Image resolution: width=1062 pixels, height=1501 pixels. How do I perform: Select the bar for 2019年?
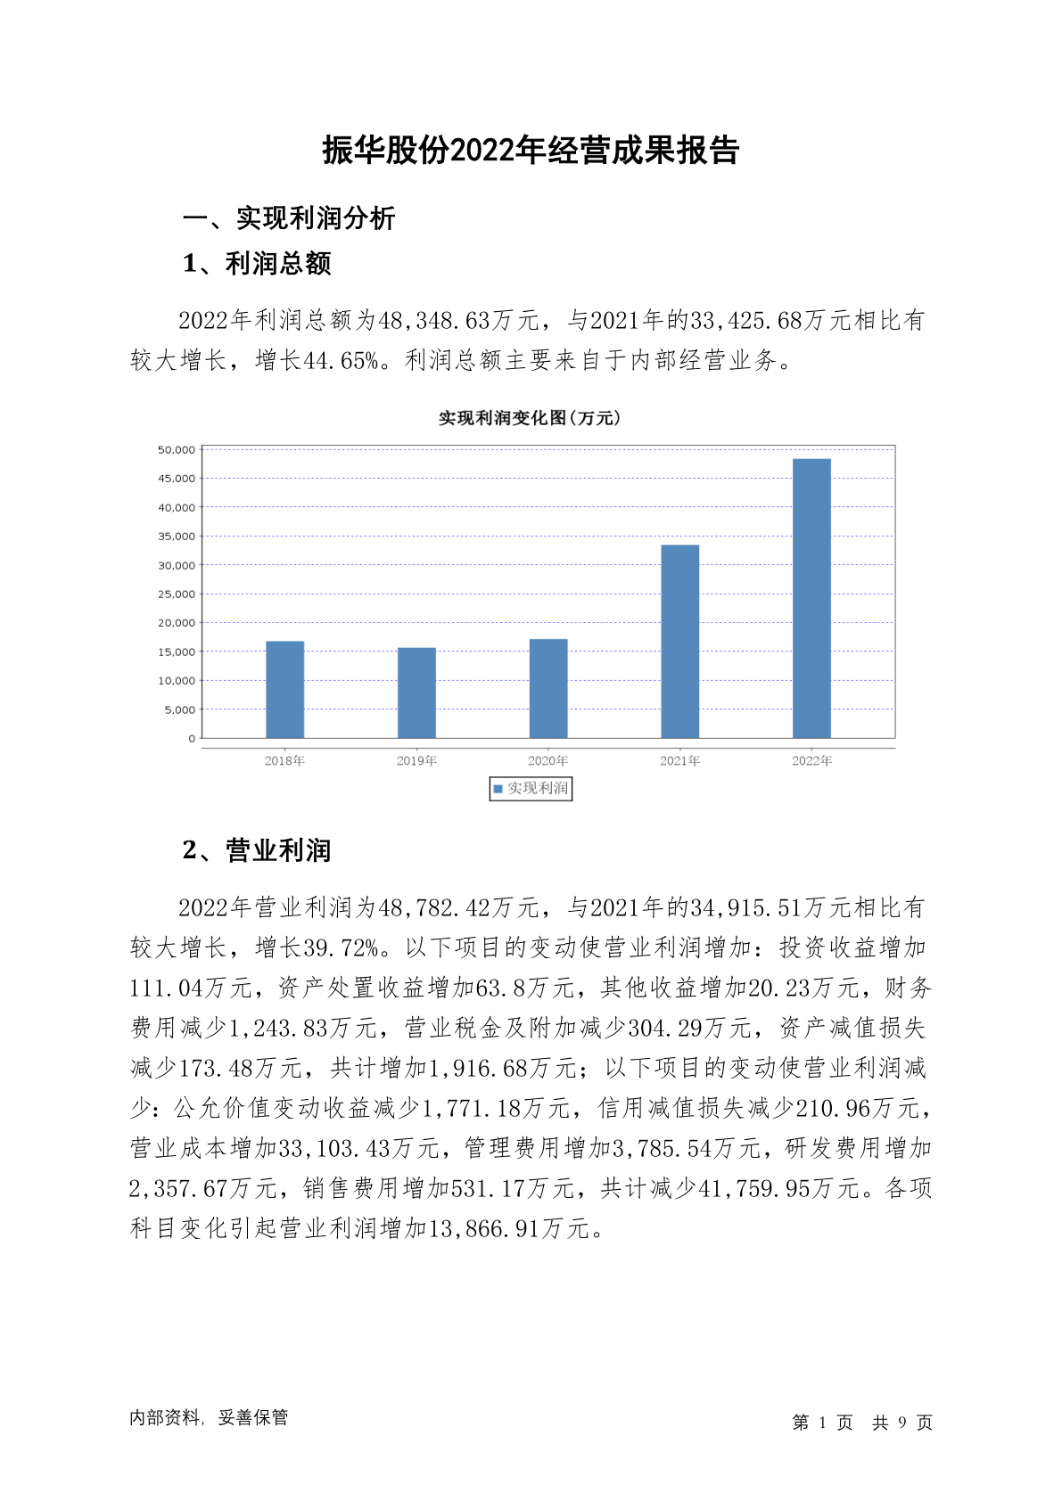click(416, 693)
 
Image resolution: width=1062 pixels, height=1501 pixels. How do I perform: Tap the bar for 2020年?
click(548, 688)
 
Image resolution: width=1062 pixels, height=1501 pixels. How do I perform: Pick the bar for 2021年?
click(679, 641)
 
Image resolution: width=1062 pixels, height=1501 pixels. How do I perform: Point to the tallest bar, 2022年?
click(811, 598)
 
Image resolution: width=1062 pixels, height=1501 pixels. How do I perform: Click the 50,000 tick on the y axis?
click(177, 450)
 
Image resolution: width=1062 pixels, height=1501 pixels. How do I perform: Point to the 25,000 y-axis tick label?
click(177, 595)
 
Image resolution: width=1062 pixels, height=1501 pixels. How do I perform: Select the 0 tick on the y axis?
click(192, 739)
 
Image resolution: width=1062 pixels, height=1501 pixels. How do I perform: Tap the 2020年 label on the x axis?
click(547, 761)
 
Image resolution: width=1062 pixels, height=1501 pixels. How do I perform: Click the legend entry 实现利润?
click(531, 789)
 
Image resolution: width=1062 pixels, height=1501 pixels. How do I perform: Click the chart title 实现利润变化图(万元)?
click(530, 418)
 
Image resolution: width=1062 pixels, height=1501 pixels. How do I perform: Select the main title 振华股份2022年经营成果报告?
click(531, 151)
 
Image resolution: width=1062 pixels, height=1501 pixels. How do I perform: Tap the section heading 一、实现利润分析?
click(289, 218)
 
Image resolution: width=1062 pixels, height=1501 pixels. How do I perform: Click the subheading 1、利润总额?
click(257, 264)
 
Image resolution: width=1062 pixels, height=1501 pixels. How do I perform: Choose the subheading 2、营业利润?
click(257, 850)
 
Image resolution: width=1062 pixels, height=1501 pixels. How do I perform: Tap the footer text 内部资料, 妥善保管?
click(209, 1417)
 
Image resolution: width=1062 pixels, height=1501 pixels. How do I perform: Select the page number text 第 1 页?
click(822, 1423)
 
